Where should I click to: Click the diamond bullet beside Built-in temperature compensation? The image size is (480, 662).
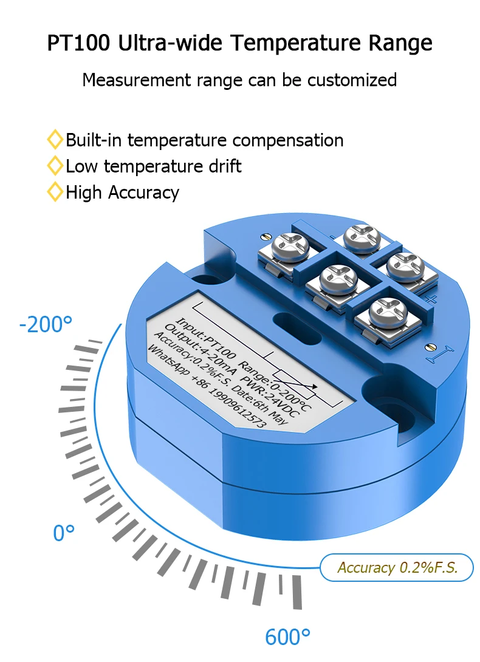[x=55, y=140]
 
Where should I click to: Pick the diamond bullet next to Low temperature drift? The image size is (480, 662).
[x=55, y=166]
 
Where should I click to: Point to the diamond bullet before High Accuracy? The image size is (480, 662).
[x=55, y=193]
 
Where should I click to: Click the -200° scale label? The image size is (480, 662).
[x=46, y=324]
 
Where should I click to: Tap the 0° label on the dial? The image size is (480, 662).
[x=64, y=533]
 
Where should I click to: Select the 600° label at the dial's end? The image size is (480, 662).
[x=287, y=638]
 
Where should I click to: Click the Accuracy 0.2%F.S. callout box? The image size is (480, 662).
[x=397, y=568]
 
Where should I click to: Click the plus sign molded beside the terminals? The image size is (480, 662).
[x=433, y=299]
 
